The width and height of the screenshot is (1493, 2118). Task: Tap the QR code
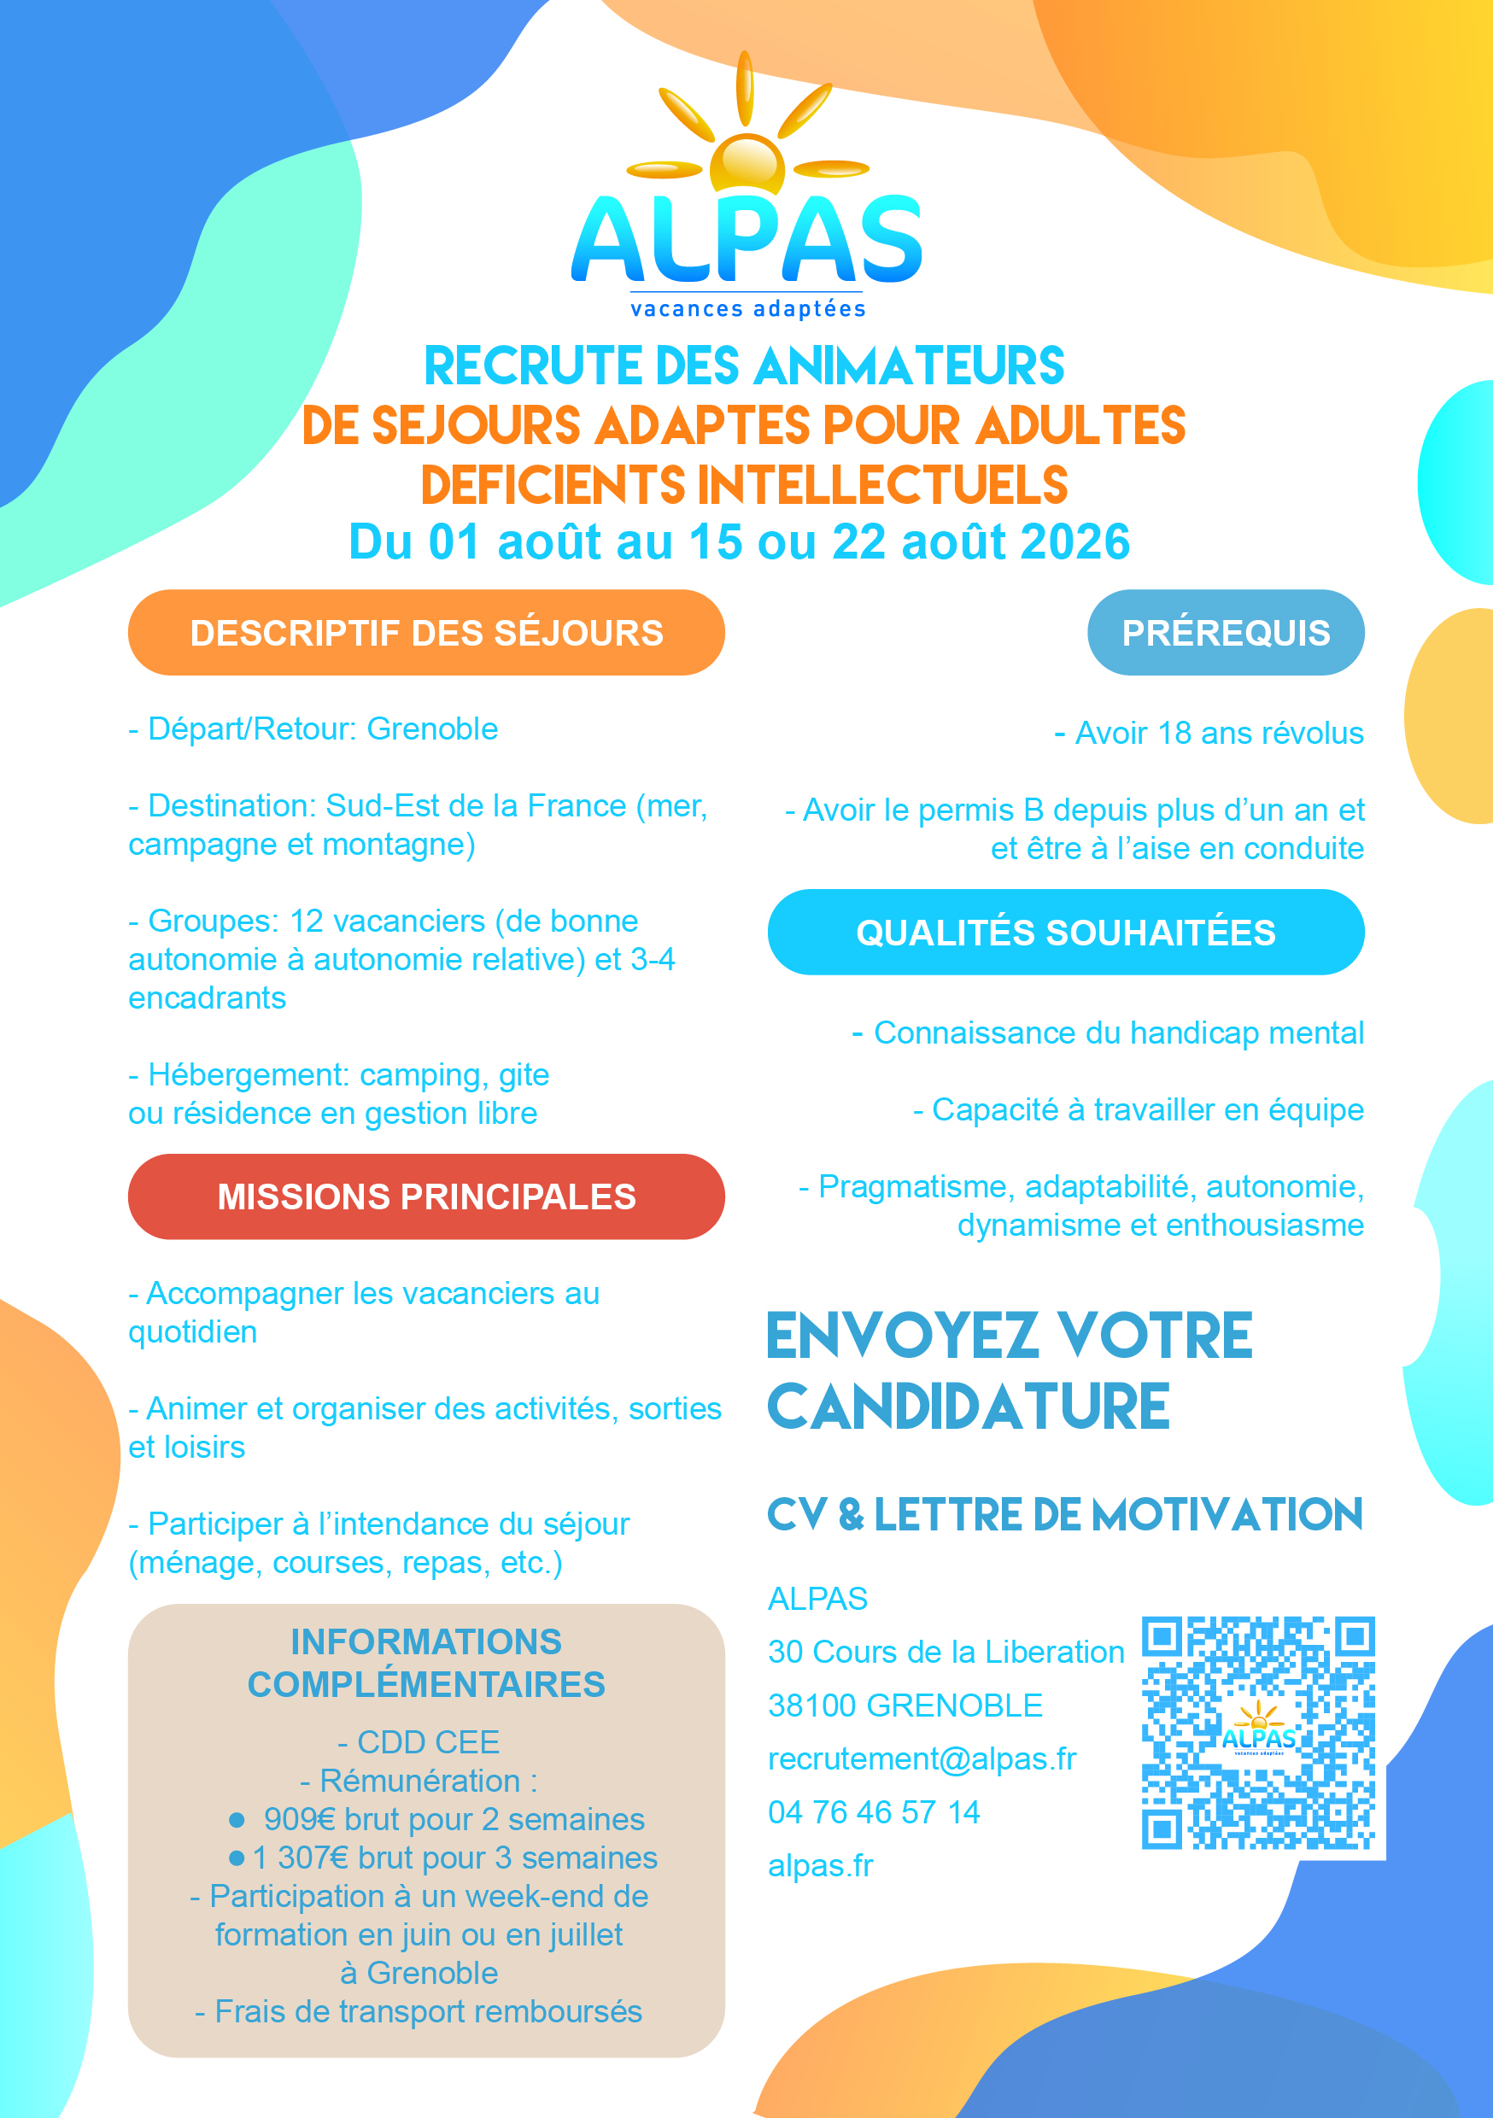point(1258,1733)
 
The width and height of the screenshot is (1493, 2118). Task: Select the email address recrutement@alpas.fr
point(922,1759)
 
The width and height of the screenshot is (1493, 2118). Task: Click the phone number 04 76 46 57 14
point(874,1812)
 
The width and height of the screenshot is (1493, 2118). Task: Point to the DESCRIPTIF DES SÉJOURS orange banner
point(426,633)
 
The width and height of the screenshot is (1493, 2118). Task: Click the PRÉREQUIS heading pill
point(1226,633)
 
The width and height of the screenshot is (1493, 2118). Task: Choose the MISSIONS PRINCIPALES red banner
point(426,1196)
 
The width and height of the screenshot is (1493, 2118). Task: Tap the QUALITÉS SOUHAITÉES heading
point(1066,933)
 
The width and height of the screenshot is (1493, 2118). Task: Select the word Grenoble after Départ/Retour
point(433,729)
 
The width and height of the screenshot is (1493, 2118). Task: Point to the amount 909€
point(300,1819)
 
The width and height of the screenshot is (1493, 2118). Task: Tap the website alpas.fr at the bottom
point(820,1865)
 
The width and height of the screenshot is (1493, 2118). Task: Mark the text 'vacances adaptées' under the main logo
point(747,309)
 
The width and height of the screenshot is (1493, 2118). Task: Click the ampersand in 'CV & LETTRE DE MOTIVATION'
point(851,1515)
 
